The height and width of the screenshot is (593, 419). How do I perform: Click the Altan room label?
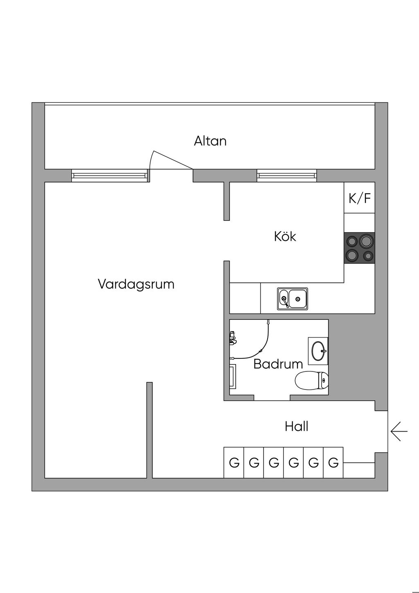pyautogui.click(x=210, y=141)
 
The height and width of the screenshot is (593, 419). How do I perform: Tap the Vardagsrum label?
pyautogui.click(x=136, y=284)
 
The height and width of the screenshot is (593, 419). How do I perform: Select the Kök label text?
pyautogui.click(x=285, y=236)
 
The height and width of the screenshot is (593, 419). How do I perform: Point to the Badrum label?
pyautogui.click(x=278, y=364)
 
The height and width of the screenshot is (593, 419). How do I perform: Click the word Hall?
pyautogui.click(x=296, y=427)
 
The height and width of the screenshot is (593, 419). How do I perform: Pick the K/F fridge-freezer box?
pyautogui.click(x=359, y=198)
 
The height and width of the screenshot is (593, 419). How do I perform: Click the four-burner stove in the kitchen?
pyautogui.click(x=359, y=248)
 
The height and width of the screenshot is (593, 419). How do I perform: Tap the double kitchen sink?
pyautogui.click(x=293, y=298)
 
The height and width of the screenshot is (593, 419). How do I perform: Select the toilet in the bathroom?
pyautogui.click(x=312, y=380)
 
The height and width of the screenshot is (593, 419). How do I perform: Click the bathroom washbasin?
pyautogui.click(x=318, y=351)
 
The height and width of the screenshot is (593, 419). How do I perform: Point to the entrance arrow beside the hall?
pyautogui.click(x=399, y=432)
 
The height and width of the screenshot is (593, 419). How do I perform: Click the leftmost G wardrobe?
pyautogui.click(x=234, y=463)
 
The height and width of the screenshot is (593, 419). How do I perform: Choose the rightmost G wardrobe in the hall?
pyautogui.click(x=333, y=463)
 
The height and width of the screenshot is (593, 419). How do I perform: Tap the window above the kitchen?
pyautogui.click(x=287, y=176)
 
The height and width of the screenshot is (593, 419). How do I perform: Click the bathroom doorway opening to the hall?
pyautogui.click(x=272, y=398)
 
